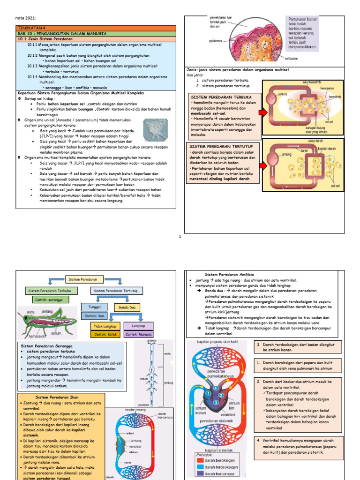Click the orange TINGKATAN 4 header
pyautogui.click(x=96, y=28)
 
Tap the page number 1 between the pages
pyautogui.click(x=180, y=237)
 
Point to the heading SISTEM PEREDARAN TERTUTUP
pyautogui.click(x=216, y=147)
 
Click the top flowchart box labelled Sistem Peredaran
pyautogui.click(x=82, y=279)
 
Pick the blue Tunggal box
pyautogui.click(x=94, y=306)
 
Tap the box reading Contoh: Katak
pyautogui.click(x=105, y=335)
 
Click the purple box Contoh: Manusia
pyautogui.click(x=138, y=335)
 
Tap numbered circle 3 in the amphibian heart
pyautogui.click(x=215, y=403)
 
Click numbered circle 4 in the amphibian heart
pyautogui.click(x=216, y=389)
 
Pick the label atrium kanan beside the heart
pyautogui.click(x=201, y=411)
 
